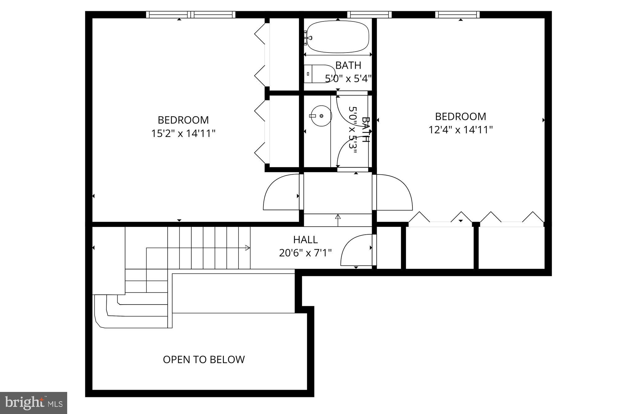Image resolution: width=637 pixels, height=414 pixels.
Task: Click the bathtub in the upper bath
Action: click(x=338, y=37)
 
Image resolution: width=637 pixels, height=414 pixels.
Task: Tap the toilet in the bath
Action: click(x=317, y=74)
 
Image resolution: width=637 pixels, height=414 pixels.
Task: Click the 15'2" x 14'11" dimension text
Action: click(x=183, y=134)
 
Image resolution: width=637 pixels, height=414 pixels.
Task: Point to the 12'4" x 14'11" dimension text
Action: click(x=461, y=130)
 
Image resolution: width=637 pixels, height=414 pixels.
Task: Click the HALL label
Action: click(x=305, y=240)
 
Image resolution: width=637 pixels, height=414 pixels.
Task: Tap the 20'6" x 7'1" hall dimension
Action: click(x=305, y=253)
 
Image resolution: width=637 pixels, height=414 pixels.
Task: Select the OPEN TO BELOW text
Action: click(x=204, y=360)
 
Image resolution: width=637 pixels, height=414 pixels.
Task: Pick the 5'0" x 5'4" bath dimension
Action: click(x=348, y=79)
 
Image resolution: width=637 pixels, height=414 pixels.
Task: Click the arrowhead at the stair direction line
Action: click(x=248, y=248)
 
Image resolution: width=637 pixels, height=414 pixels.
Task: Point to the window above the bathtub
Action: click(x=369, y=15)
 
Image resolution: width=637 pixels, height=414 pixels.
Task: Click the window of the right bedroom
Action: click(x=457, y=15)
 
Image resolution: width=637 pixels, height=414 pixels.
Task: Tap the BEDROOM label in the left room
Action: click(x=183, y=120)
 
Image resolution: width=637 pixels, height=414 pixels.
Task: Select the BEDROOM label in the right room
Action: click(x=460, y=117)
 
